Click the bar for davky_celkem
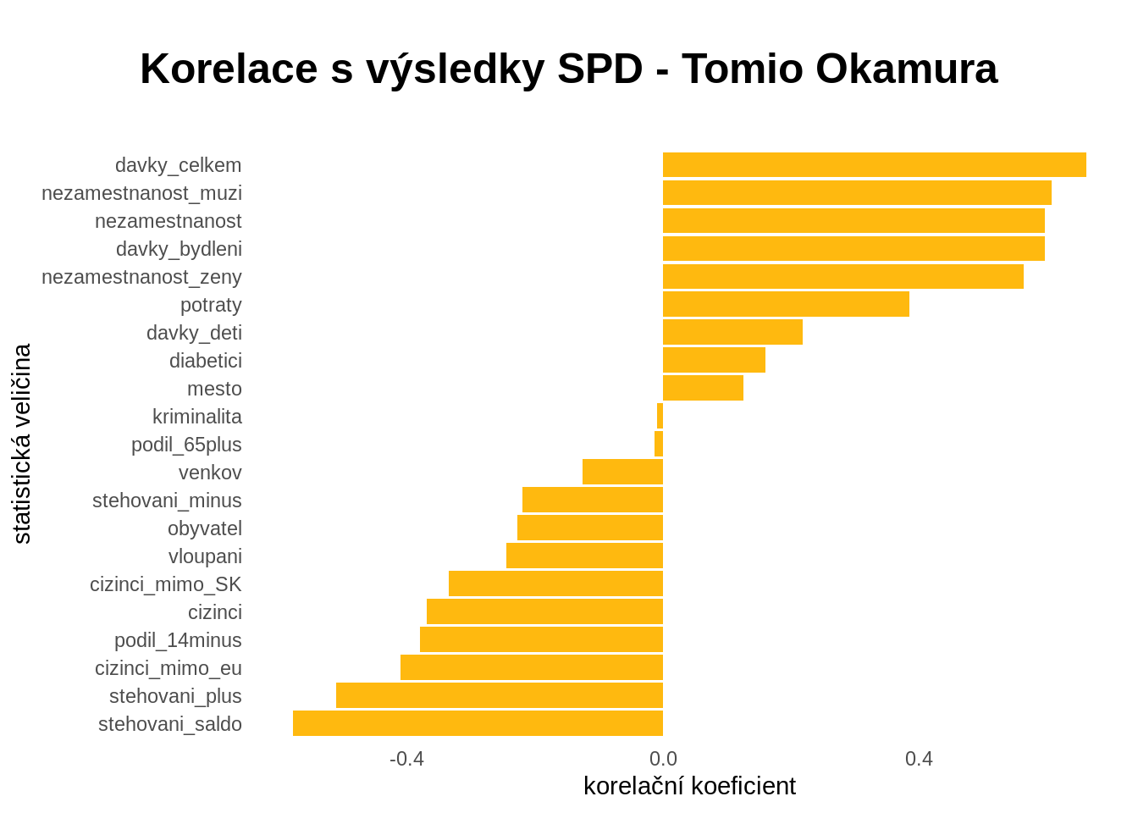[874, 165]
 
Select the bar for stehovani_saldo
[478, 723]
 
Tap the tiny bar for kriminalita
[660, 416]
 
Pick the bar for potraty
[786, 304]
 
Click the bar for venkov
[622, 472]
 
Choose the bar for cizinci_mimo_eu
[532, 667]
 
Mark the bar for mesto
[703, 388]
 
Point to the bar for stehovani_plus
[500, 695]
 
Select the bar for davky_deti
[732, 332]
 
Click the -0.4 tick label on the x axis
[406, 759]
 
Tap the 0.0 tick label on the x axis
[663, 759]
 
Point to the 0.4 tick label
[919, 759]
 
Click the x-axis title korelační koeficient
[689, 786]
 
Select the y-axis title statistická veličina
[22, 444]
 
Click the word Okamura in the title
[906, 69]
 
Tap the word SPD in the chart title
[599, 69]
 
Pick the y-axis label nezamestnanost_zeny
[141, 277]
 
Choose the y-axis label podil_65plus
[186, 445]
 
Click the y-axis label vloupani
[205, 556]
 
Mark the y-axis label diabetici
[206, 361]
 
